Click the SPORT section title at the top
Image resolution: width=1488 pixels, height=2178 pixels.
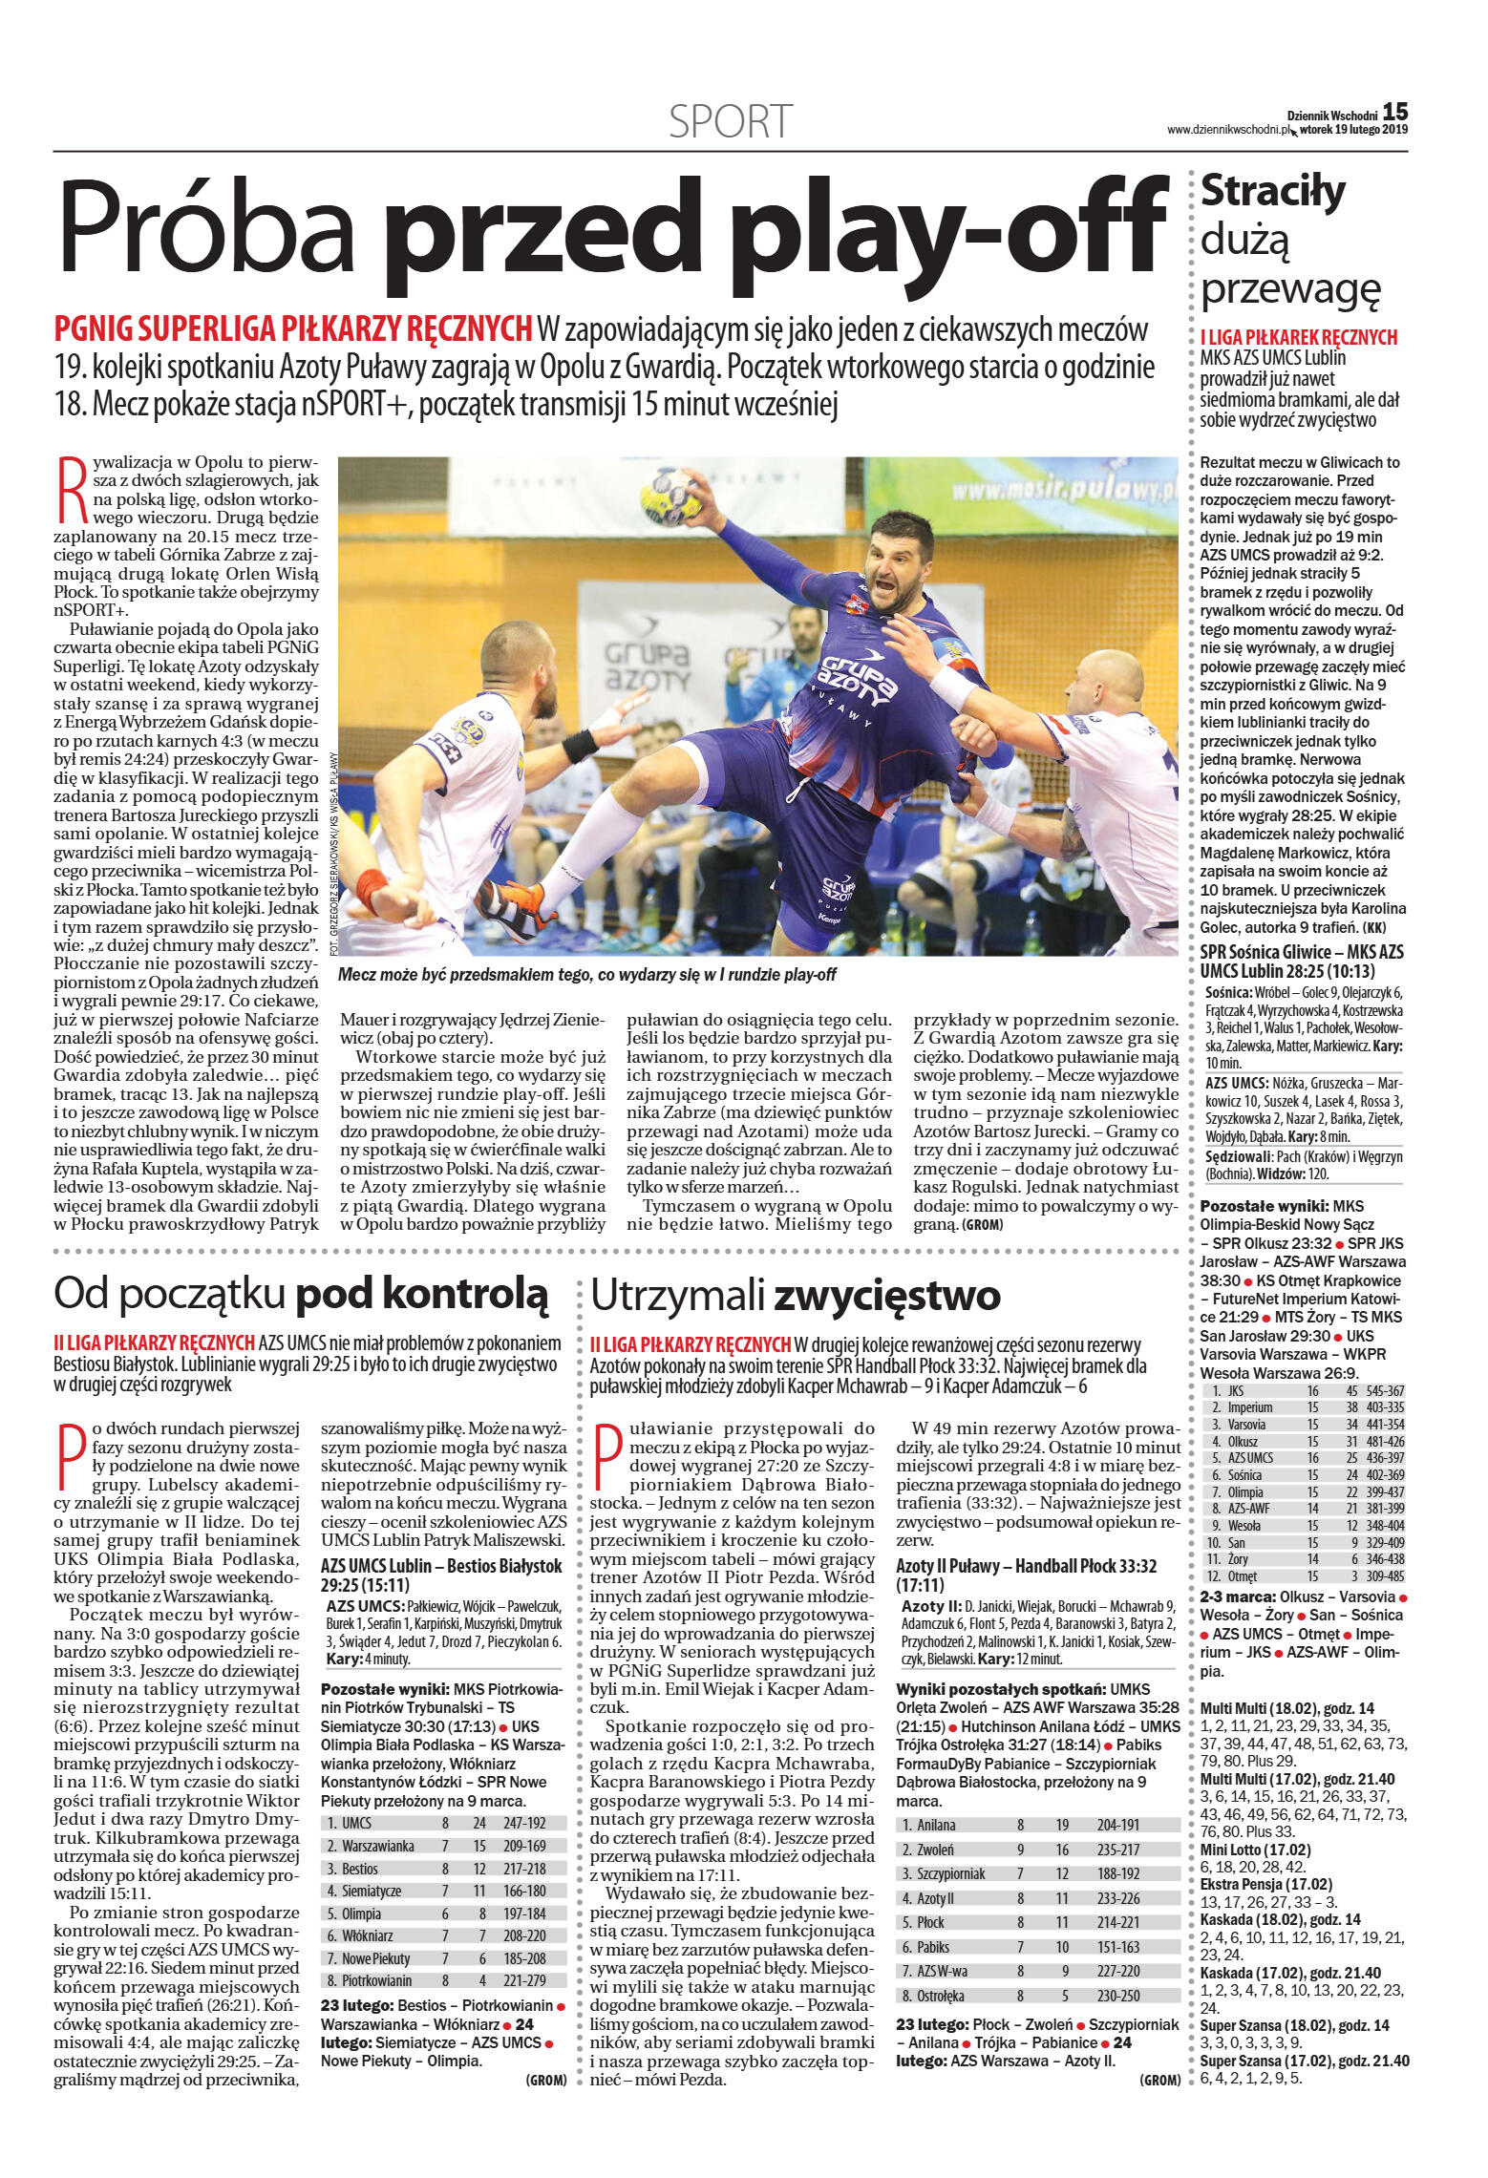(x=731, y=121)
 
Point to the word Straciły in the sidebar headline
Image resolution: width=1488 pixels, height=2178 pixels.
(x=1273, y=192)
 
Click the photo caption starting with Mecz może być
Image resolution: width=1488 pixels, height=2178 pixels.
(x=586, y=975)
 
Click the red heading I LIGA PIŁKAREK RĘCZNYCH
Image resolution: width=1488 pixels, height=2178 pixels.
(x=1298, y=337)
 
